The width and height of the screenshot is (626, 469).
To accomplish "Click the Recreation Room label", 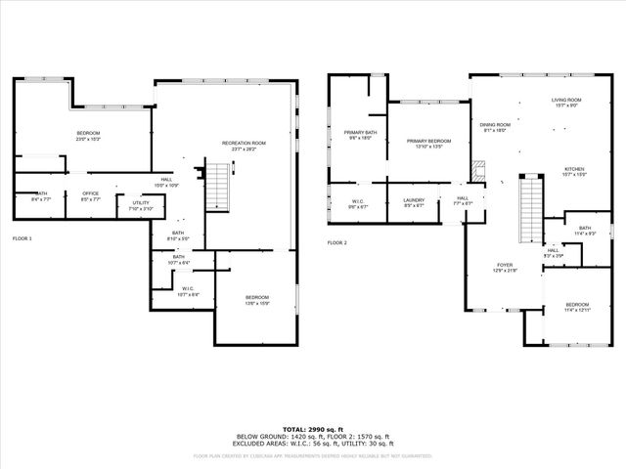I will point(244,143).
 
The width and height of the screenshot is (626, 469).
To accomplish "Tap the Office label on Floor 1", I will point(90,193).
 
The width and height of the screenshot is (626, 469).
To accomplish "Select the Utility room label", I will point(141,202).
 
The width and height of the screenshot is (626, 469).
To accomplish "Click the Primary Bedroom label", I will point(427,142).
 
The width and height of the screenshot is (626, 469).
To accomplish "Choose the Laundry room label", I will point(413,200).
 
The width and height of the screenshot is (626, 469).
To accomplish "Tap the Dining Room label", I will point(494,125).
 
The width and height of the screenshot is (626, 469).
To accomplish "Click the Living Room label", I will point(566,100).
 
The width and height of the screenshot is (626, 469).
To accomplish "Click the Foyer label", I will point(504,264).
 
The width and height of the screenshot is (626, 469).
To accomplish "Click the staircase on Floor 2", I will point(529,203).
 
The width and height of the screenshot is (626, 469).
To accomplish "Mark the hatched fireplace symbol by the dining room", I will point(477,171).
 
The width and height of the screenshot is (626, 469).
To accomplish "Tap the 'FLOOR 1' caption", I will point(22,238).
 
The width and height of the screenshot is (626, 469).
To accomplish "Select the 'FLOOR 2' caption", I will point(337,242).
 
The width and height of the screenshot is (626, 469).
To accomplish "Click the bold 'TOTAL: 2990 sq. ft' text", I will point(312,429).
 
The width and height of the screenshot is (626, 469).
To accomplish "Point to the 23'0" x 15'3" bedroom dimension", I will point(89,139).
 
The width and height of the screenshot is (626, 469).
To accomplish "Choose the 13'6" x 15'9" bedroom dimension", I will point(256,303).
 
